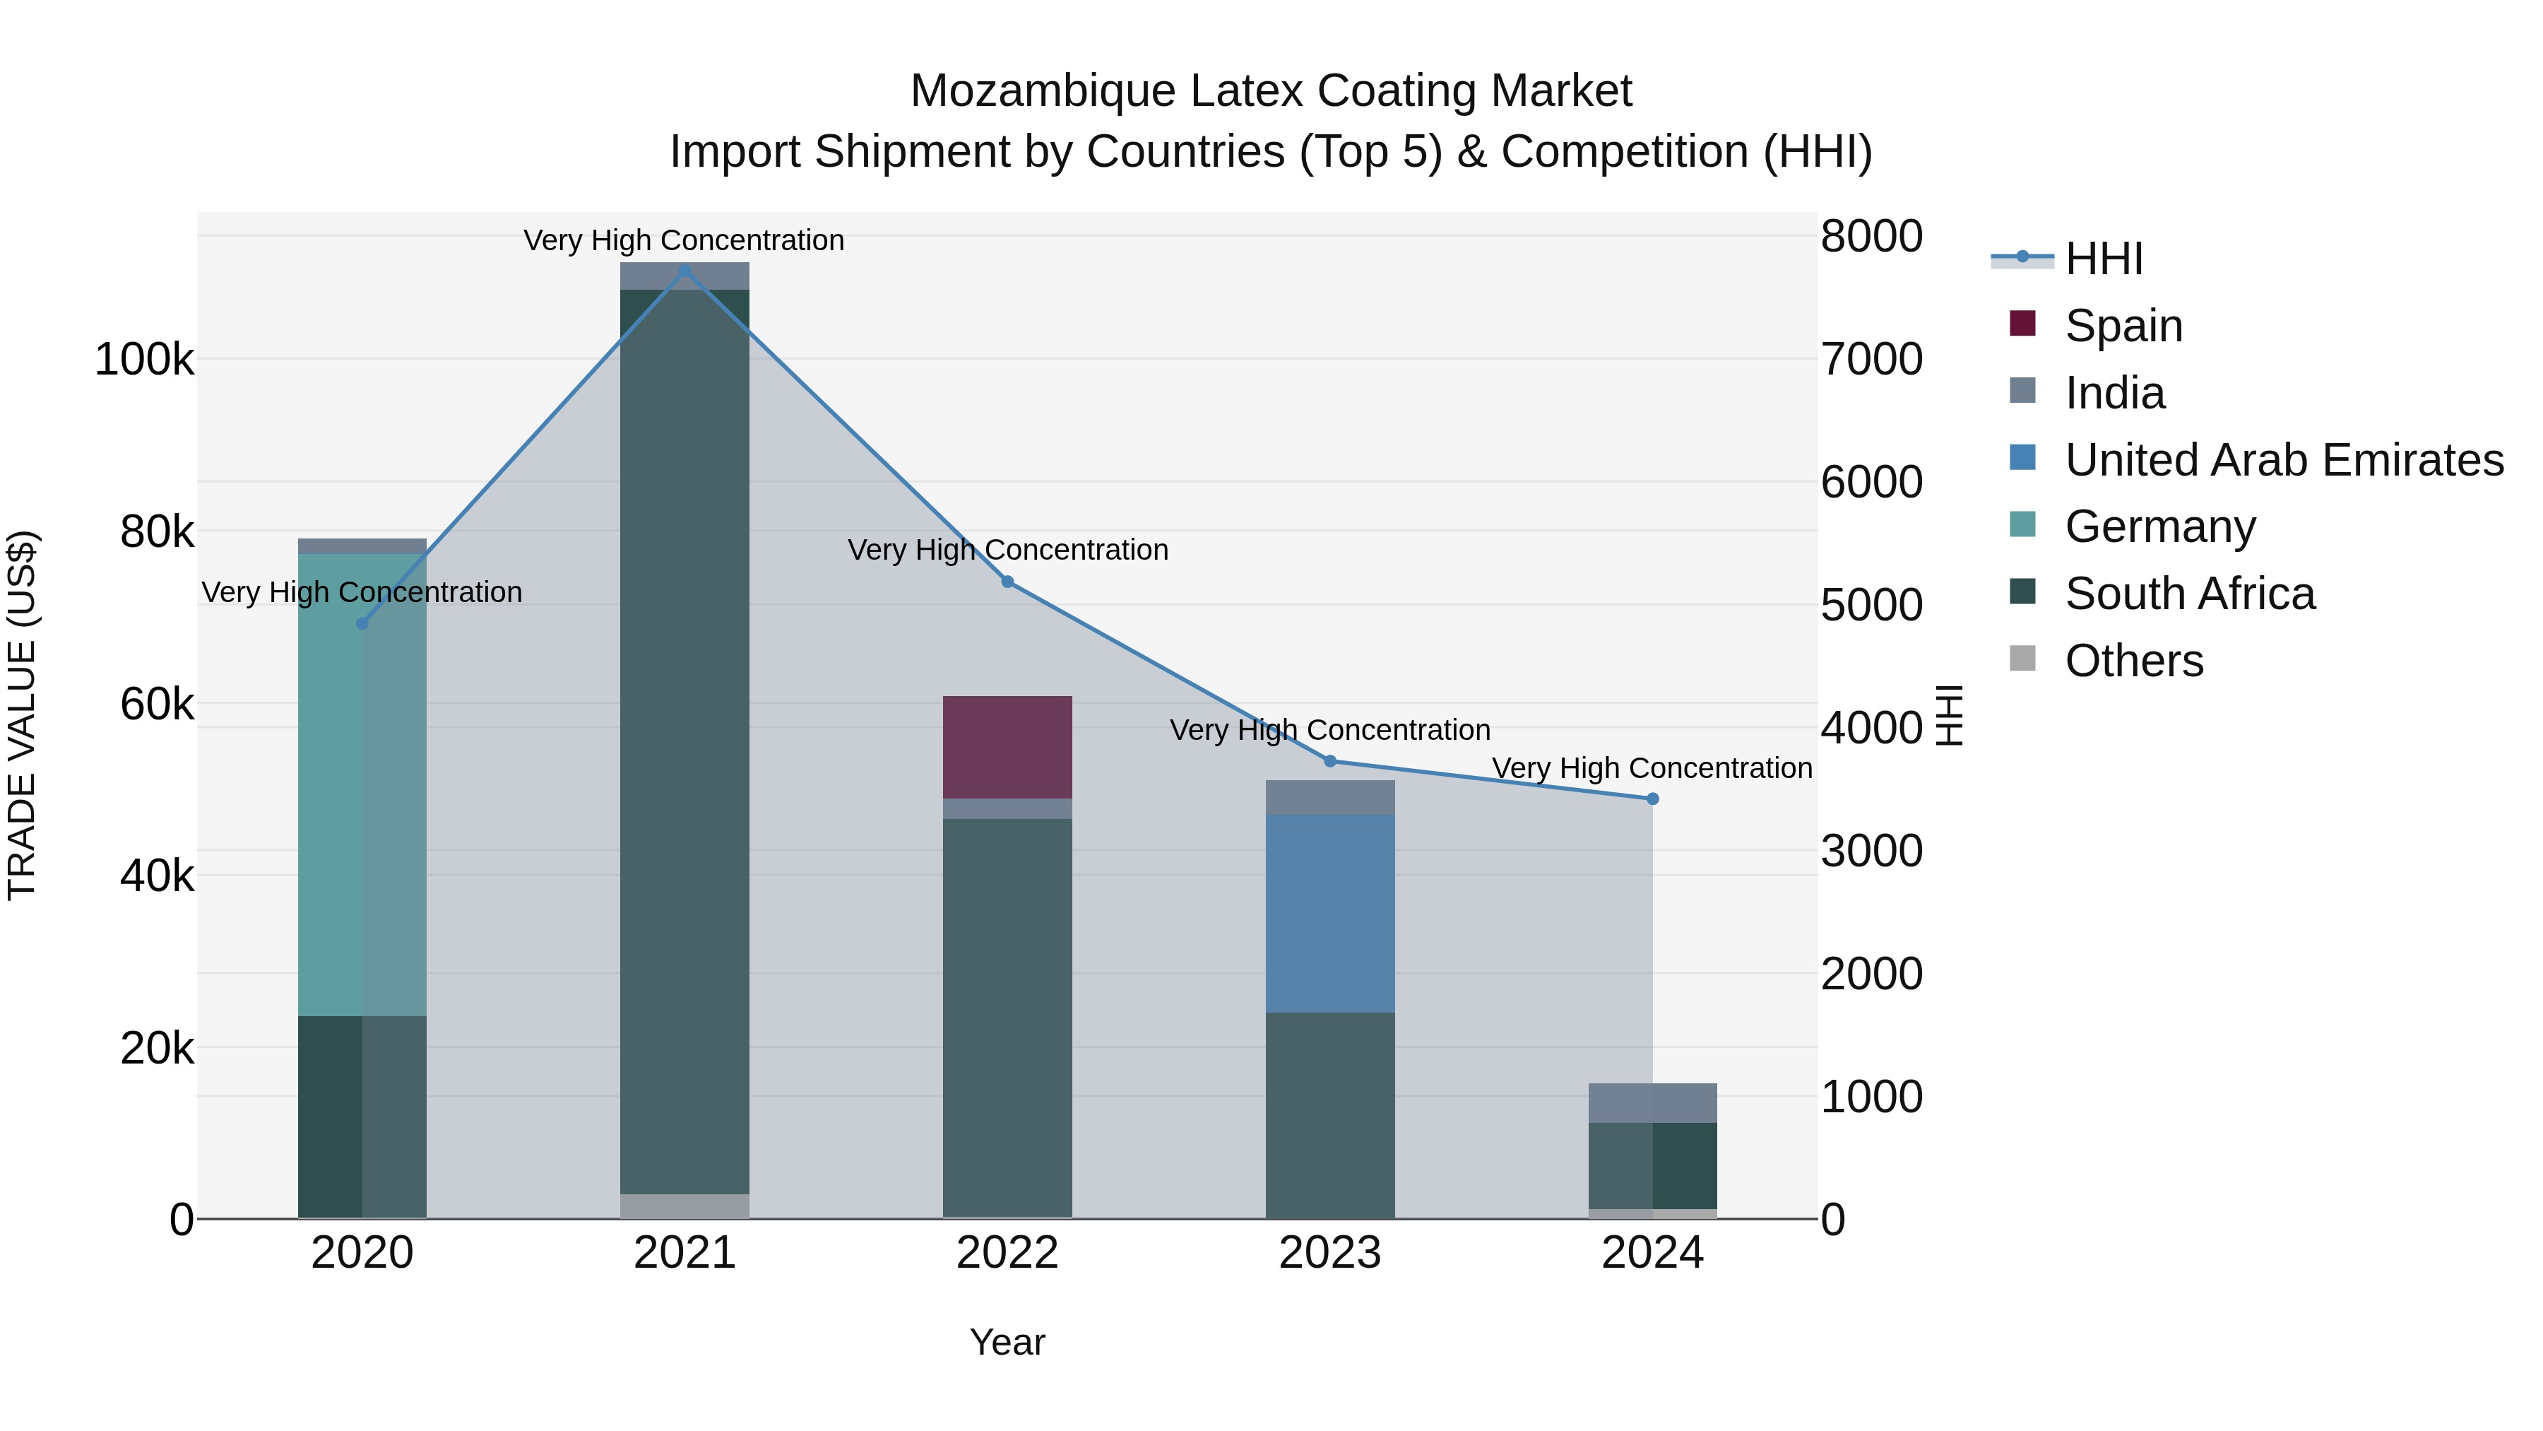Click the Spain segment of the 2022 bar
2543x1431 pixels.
point(1007,747)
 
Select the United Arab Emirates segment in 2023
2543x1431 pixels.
point(1329,914)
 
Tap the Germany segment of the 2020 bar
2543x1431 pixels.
point(361,784)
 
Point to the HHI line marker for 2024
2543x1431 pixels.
point(1652,799)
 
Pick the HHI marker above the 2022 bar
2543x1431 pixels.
point(1007,582)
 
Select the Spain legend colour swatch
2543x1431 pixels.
point(2022,324)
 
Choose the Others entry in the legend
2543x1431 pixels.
point(2133,661)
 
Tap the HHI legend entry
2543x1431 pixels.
point(2103,259)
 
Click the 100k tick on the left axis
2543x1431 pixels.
point(144,360)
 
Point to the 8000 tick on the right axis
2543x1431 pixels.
point(1871,236)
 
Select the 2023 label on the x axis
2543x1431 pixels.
point(1329,1253)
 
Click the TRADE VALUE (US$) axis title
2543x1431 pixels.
point(22,715)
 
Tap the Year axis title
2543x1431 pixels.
point(1007,1342)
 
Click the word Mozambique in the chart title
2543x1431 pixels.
point(1043,91)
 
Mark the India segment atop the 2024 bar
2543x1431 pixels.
point(1652,1102)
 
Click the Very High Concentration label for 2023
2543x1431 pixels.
point(1329,730)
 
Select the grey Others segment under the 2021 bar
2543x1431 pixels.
point(684,1206)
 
